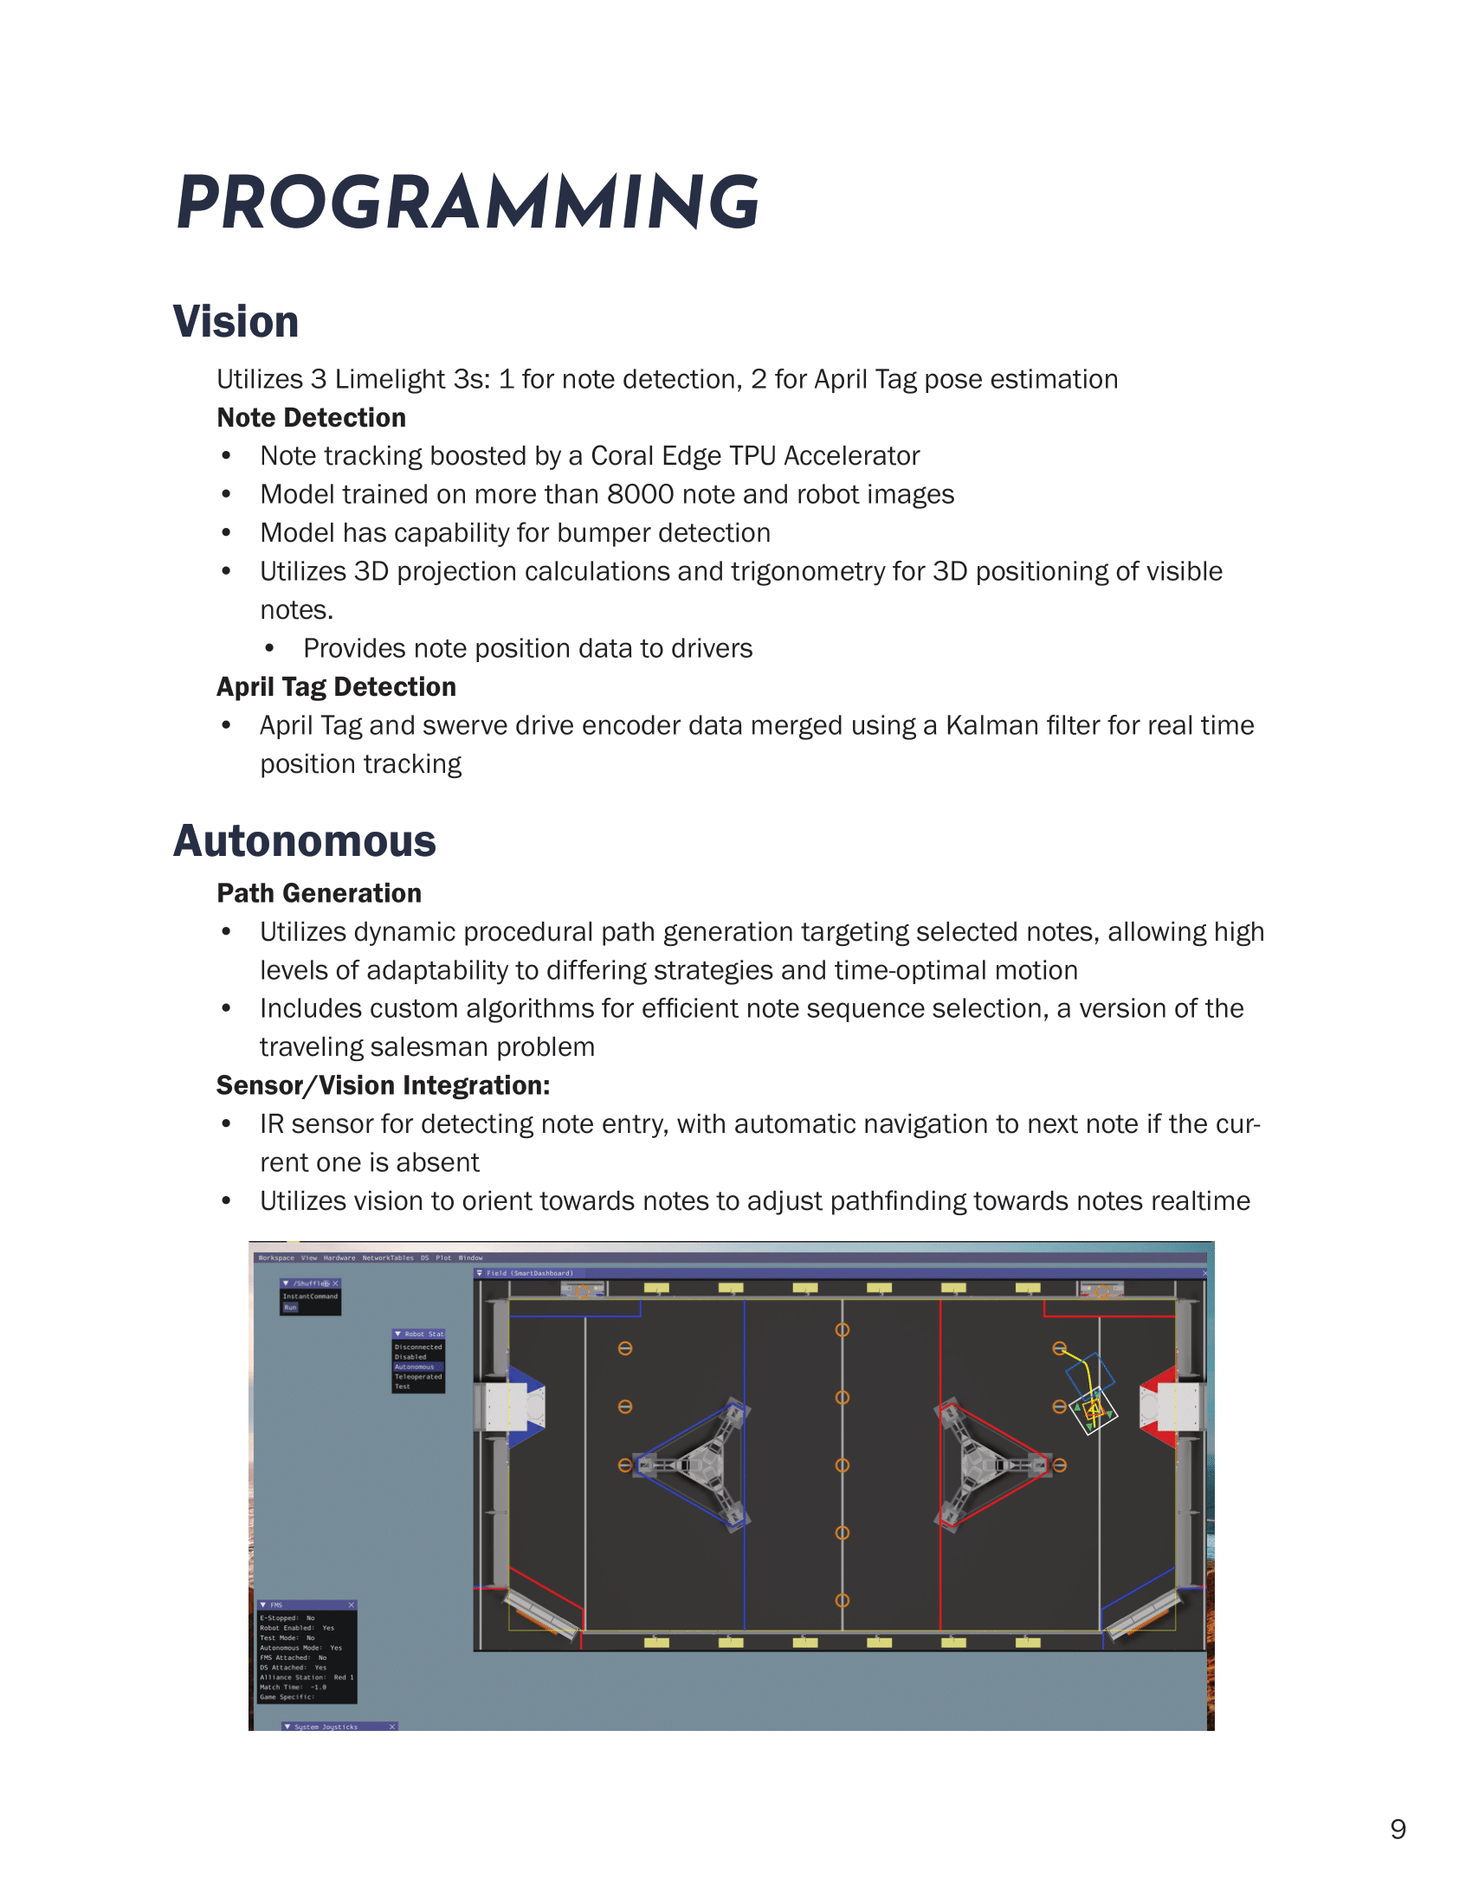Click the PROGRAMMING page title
pos(468,203)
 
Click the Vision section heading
pos(236,322)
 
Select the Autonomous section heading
pos(304,840)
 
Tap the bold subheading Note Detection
pos(312,418)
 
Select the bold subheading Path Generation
pos(320,893)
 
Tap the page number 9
pos(1398,1829)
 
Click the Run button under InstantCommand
pos(290,1308)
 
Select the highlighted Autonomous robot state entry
pos(415,1367)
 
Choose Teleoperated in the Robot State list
pos(417,1377)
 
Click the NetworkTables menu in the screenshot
pos(388,1258)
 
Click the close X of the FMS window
pos(352,1605)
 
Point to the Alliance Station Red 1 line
pos(306,1677)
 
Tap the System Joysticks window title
pos(326,1727)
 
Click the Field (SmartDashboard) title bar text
pos(529,1273)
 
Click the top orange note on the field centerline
pos(843,1329)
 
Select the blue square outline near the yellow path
pos(1089,1375)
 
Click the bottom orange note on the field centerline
pos(843,1599)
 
